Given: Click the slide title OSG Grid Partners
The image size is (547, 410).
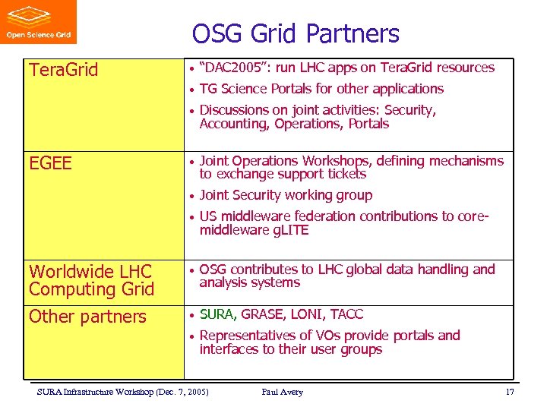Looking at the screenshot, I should [x=296, y=33].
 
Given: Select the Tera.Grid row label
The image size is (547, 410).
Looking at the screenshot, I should [x=63, y=71].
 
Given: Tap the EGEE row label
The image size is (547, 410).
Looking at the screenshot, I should [x=50, y=163].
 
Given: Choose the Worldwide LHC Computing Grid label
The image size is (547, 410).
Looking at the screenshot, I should [x=91, y=280].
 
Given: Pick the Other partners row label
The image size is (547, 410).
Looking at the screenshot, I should [x=87, y=317].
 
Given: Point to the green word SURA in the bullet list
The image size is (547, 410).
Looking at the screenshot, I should [x=217, y=314].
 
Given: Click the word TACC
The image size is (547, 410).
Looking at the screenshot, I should [x=346, y=314].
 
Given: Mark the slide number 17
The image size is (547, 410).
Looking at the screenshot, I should [x=510, y=392].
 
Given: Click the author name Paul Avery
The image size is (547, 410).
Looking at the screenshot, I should [x=282, y=392].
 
